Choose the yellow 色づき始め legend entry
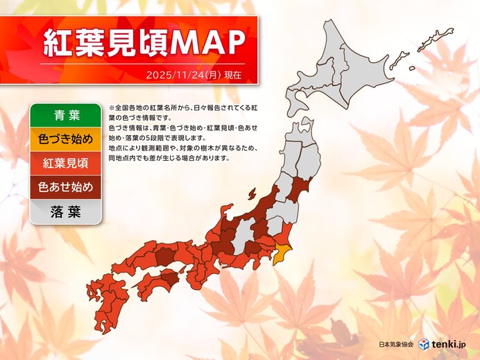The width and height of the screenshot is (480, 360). coord(66,139)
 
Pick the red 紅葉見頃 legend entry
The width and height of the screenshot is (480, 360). coord(66,164)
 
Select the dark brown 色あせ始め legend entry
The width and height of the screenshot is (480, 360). coord(66,187)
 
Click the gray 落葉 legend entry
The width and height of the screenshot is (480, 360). coord(66,212)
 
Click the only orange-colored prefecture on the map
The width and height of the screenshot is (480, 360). coord(282,255)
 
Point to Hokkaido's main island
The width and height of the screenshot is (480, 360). coord(340,76)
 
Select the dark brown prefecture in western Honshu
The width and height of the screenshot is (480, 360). coord(164,257)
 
